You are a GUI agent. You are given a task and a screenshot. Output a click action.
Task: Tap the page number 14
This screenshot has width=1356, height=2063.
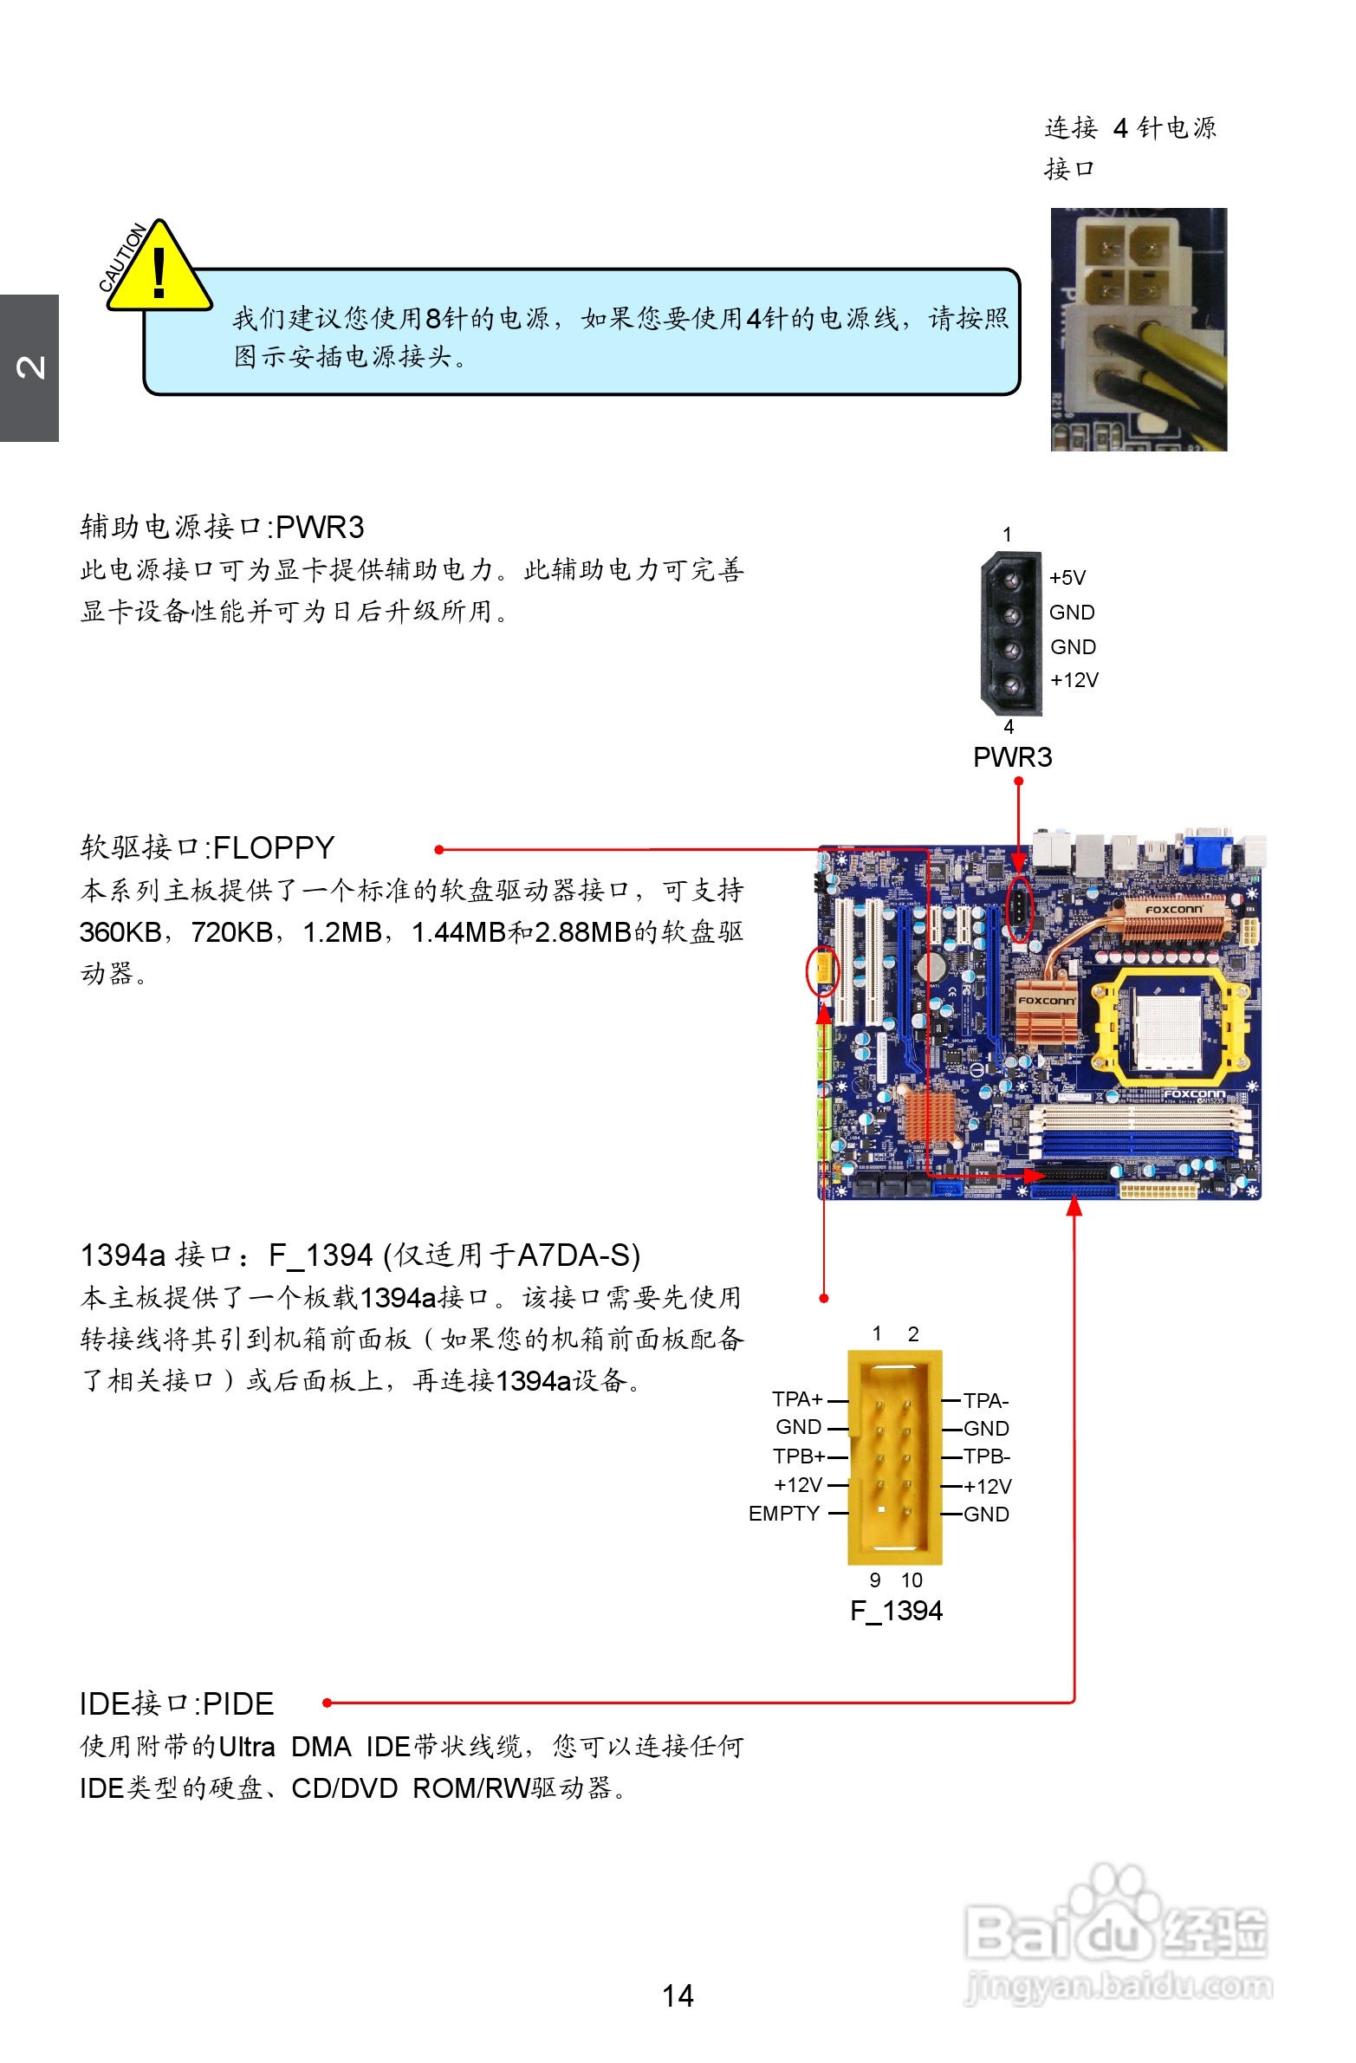677,1995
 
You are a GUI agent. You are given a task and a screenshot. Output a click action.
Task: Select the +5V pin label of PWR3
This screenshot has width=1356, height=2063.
1067,578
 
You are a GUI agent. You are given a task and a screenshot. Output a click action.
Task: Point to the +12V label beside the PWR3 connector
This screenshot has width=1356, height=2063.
1074,680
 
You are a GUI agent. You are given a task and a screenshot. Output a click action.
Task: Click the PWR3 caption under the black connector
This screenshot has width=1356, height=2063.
1012,757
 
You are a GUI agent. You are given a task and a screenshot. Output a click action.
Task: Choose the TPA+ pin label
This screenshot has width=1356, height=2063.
797,1399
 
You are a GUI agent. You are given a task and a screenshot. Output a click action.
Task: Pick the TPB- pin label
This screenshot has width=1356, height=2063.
987,1456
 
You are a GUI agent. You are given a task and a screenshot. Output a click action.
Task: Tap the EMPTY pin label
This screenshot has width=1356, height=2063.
784,1514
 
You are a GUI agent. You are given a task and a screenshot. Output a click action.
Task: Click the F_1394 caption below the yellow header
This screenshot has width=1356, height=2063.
896,1611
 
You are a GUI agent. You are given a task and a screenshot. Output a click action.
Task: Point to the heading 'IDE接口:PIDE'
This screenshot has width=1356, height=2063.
177,1704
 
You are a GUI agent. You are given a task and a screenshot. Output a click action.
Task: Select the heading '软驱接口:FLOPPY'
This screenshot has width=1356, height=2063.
207,847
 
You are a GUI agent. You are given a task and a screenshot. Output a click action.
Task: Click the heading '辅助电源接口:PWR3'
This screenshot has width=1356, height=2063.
222,527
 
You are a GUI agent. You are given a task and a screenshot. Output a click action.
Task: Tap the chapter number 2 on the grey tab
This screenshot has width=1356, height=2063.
29,367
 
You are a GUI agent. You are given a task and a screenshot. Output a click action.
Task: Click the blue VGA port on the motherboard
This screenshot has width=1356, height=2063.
1207,847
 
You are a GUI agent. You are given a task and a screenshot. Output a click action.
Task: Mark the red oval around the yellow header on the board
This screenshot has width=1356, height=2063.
822,971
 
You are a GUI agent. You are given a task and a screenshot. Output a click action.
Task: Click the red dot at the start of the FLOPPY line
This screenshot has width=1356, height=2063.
439,849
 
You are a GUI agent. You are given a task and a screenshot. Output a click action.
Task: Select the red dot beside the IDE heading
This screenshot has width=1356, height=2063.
327,1703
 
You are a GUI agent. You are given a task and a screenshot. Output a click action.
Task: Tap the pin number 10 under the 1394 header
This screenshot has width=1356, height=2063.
912,1580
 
